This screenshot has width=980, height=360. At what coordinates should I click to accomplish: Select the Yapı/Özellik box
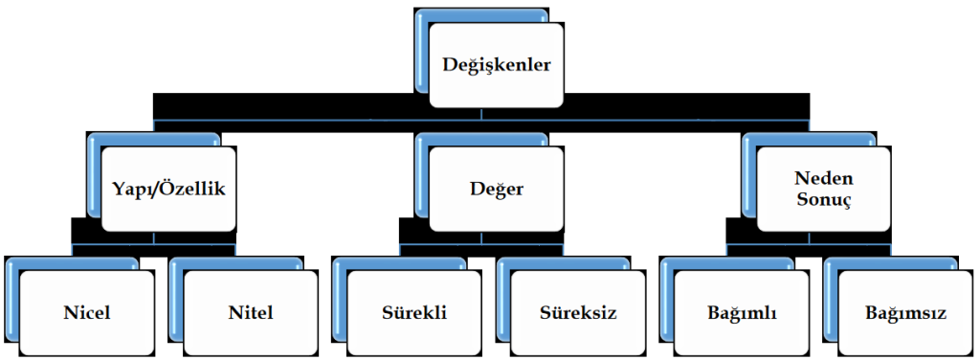168,190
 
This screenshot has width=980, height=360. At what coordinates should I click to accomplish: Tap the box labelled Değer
496,190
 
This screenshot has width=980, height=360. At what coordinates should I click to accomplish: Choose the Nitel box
250,313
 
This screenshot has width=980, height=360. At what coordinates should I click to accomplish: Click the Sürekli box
413,313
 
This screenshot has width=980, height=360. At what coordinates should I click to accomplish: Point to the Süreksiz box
577,313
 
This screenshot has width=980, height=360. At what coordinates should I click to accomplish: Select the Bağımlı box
741,313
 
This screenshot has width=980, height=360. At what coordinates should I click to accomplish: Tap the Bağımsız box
905,313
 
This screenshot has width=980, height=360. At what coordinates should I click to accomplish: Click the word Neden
823,179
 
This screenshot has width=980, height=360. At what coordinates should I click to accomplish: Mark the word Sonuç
823,201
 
